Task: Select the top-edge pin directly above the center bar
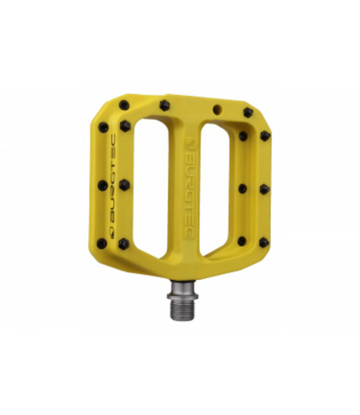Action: (x=164, y=105)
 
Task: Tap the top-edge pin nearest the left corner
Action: (x=124, y=105)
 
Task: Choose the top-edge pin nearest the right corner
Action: (x=248, y=113)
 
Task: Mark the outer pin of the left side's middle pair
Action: (x=102, y=186)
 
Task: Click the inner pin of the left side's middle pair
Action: (x=124, y=185)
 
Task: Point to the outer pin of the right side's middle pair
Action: (x=264, y=189)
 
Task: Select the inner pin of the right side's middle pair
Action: (x=243, y=189)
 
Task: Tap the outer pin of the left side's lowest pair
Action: (x=102, y=243)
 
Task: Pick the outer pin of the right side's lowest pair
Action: (x=264, y=242)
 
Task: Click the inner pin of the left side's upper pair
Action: (x=125, y=126)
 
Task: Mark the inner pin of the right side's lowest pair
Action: (x=242, y=241)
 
